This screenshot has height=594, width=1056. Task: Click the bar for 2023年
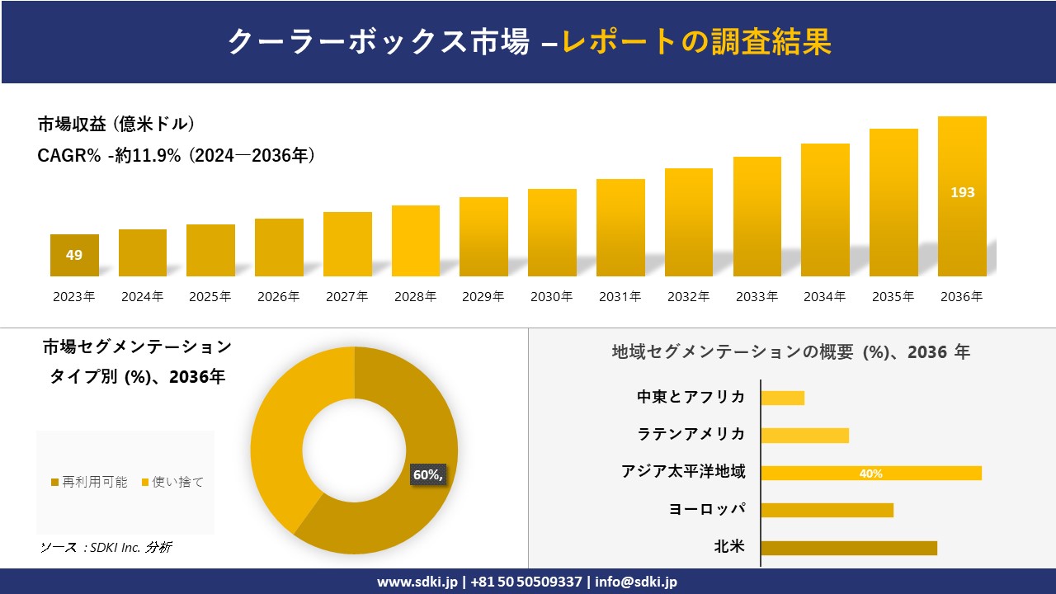(x=74, y=255)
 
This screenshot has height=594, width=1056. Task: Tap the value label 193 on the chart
(x=962, y=192)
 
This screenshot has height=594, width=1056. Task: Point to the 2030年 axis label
(x=551, y=297)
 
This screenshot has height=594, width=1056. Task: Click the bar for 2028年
(x=416, y=241)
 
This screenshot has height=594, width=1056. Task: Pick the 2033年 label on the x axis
(x=757, y=297)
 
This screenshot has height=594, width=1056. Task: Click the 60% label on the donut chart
(x=427, y=474)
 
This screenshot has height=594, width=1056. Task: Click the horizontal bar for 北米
(x=848, y=548)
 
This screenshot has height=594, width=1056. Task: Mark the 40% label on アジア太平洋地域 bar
(x=870, y=474)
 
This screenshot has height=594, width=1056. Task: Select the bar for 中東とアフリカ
(x=782, y=398)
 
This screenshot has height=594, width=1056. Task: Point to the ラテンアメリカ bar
(x=804, y=436)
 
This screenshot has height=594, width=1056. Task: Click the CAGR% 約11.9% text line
(x=177, y=156)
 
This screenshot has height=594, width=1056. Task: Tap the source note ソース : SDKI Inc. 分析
(x=106, y=547)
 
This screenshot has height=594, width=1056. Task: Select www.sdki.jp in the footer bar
(x=416, y=582)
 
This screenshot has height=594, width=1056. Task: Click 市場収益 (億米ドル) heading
(x=116, y=125)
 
